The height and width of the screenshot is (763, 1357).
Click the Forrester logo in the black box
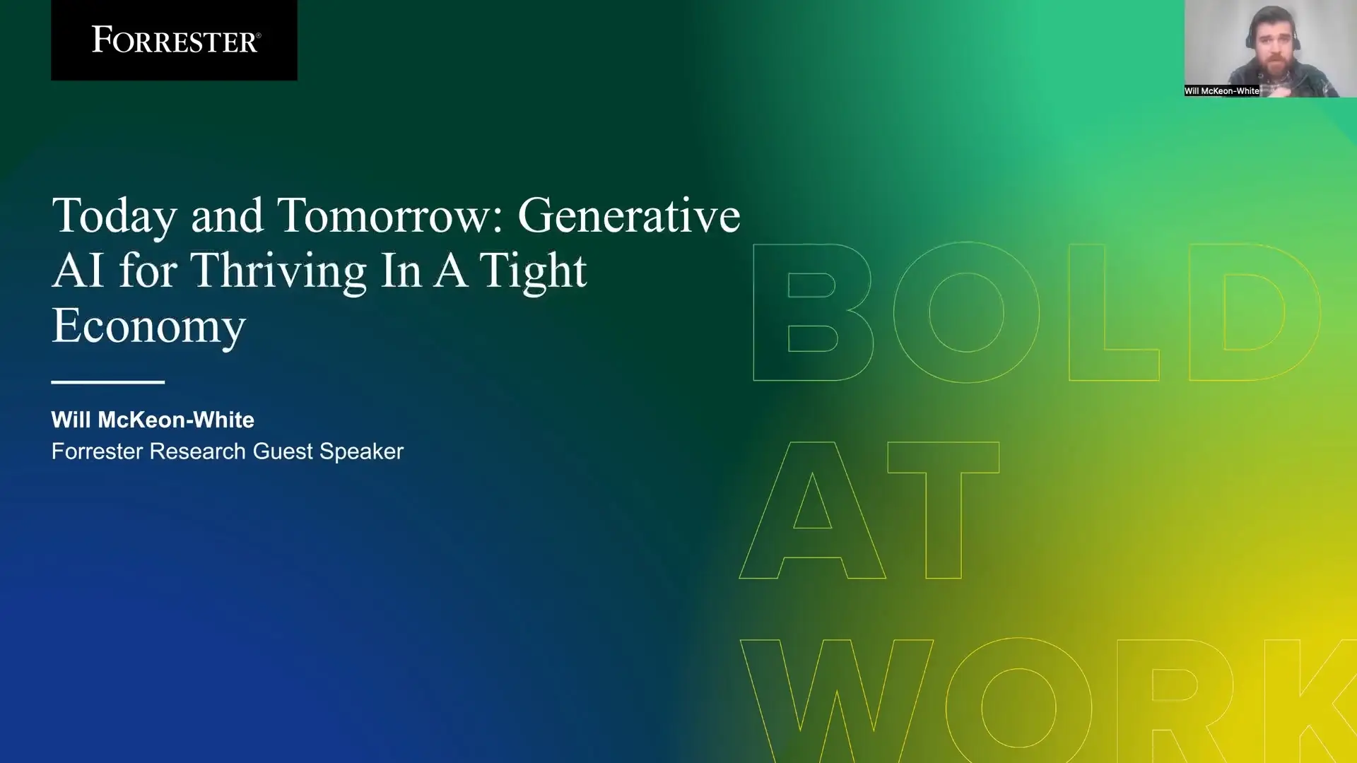pyautogui.click(x=175, y=40)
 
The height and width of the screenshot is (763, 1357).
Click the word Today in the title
pyautogui.click(x=114, y=216)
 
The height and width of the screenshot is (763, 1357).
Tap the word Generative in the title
pyautogui.click(x=628, y=215)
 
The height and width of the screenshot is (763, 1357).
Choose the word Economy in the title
pyautogui.click(x=148, y=326)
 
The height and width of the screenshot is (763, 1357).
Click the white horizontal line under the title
pyautogui.click(x=107, y=382)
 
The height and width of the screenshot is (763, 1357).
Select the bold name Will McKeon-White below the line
pyautogui.click(x=153, y=420)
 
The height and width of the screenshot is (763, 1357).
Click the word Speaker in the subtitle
pyautogui.click(x=361, y=451)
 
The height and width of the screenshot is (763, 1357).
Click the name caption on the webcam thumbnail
pyautogui.click(x=1221, y=91)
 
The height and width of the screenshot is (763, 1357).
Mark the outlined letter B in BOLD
pyautogui.click(x=813, y=312)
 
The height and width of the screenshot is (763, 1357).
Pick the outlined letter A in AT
pyautogui.click(x=813, y=510)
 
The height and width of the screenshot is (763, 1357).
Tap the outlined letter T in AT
pyautogui.click(x=944, y=510)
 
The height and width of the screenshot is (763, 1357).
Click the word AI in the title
pyautogui.click(x=78, y=271)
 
